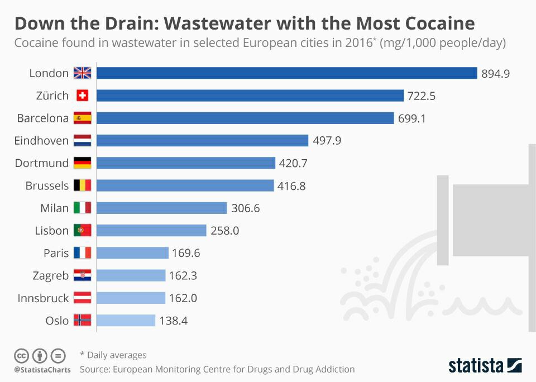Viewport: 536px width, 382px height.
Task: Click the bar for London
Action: (x=286, y=73)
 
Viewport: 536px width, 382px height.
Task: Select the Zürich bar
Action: (x=250, y=95)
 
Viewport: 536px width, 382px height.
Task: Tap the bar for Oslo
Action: (x=126, y=321)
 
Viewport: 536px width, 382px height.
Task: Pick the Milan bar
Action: (x=162, y=208)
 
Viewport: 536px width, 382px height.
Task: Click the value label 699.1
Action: (x=412, y=118)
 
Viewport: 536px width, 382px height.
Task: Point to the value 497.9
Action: (x=327, y=141)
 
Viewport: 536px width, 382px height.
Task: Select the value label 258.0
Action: (x=224, y=231)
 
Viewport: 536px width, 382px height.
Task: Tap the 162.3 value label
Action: (x=183, y=275)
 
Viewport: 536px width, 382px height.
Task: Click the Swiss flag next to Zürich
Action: (x=82, y=95)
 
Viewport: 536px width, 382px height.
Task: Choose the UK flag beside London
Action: (x=82, y=73)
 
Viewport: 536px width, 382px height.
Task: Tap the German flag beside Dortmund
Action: (x=82, y=163)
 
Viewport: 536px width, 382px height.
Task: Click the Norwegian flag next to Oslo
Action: (x=82, y=321)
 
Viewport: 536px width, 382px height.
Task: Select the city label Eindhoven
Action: (x=41, y=141)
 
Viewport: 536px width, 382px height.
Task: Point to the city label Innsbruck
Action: (x=43, y=298)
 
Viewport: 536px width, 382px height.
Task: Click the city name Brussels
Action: (x=47, y=186)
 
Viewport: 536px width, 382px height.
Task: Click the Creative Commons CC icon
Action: (x=21, y=355)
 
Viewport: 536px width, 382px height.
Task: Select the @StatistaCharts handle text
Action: (x=42, y=370)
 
